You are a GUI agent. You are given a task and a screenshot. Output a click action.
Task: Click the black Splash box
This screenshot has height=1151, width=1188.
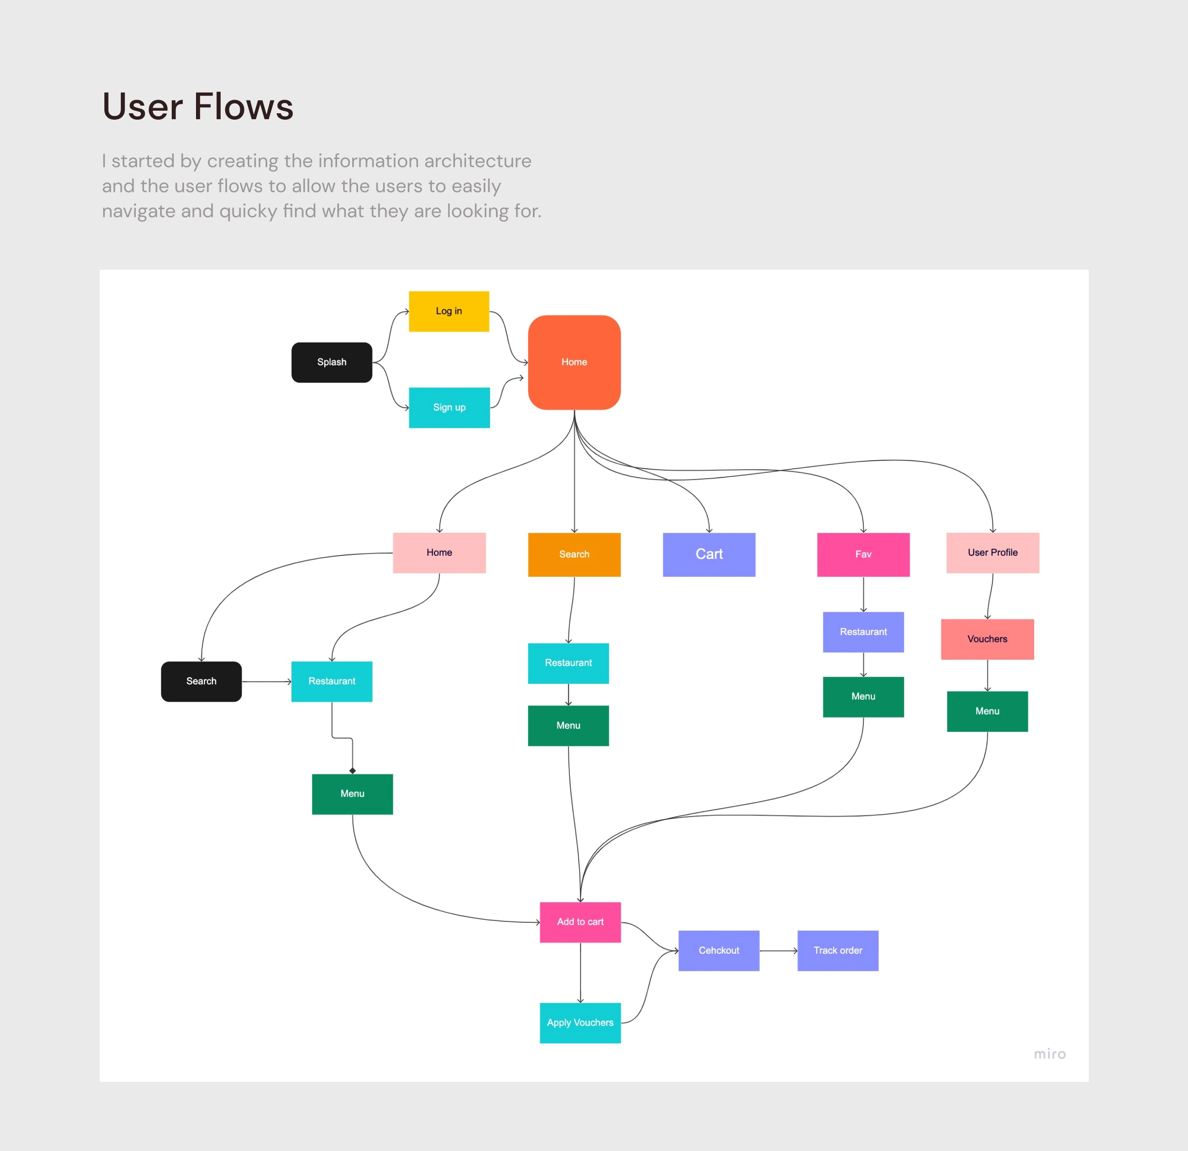click(x=331, y=362)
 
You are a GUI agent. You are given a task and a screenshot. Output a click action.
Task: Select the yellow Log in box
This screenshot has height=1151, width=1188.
click(x=448, y=311)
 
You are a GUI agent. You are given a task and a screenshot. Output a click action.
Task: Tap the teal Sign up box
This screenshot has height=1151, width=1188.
click(x=449, y=407)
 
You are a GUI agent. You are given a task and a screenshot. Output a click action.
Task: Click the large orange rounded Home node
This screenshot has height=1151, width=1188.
click(x=574, y=362)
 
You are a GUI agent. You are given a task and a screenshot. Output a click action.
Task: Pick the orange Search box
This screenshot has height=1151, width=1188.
click(x=574, y=554)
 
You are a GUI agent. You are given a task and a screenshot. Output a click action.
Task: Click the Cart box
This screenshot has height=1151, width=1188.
click(x=709, y=554)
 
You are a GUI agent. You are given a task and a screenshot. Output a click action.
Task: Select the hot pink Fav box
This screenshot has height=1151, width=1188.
click(x=863, y=554)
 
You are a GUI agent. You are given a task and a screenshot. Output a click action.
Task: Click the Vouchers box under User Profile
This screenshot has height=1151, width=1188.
click(x=987, y=639)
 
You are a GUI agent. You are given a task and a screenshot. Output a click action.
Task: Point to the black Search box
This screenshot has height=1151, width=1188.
click(x=201, y=681)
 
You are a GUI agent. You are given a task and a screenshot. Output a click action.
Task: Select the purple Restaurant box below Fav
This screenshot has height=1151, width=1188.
click(x=863, y=632)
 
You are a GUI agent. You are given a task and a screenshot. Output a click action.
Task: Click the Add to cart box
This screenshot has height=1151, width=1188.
click(x=580, y=922)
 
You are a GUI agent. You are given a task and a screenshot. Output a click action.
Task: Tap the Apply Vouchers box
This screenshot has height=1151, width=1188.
click(x=580, y=1022)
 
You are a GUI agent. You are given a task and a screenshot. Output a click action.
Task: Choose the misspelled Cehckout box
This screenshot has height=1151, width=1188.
click(x=718, y=950)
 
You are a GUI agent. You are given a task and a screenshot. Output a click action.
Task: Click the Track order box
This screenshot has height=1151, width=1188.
click(x=838, y=950)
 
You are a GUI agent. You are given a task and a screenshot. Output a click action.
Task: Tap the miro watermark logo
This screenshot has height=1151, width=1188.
click(x=1049, y=1054)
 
